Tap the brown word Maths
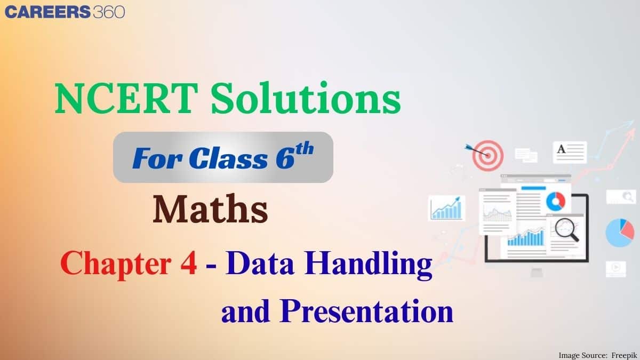(x=210, y=210)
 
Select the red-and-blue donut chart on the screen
(x=555, y=201)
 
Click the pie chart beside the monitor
(x=620, y=233)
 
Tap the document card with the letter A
(x=570, y=152)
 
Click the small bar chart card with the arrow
(x=446, y=208)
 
